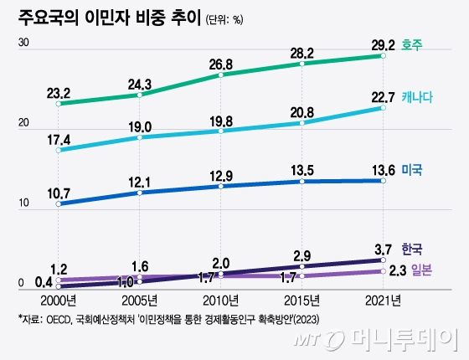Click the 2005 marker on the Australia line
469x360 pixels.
point(140,95)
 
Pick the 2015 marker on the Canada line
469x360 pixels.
point(302,123)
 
